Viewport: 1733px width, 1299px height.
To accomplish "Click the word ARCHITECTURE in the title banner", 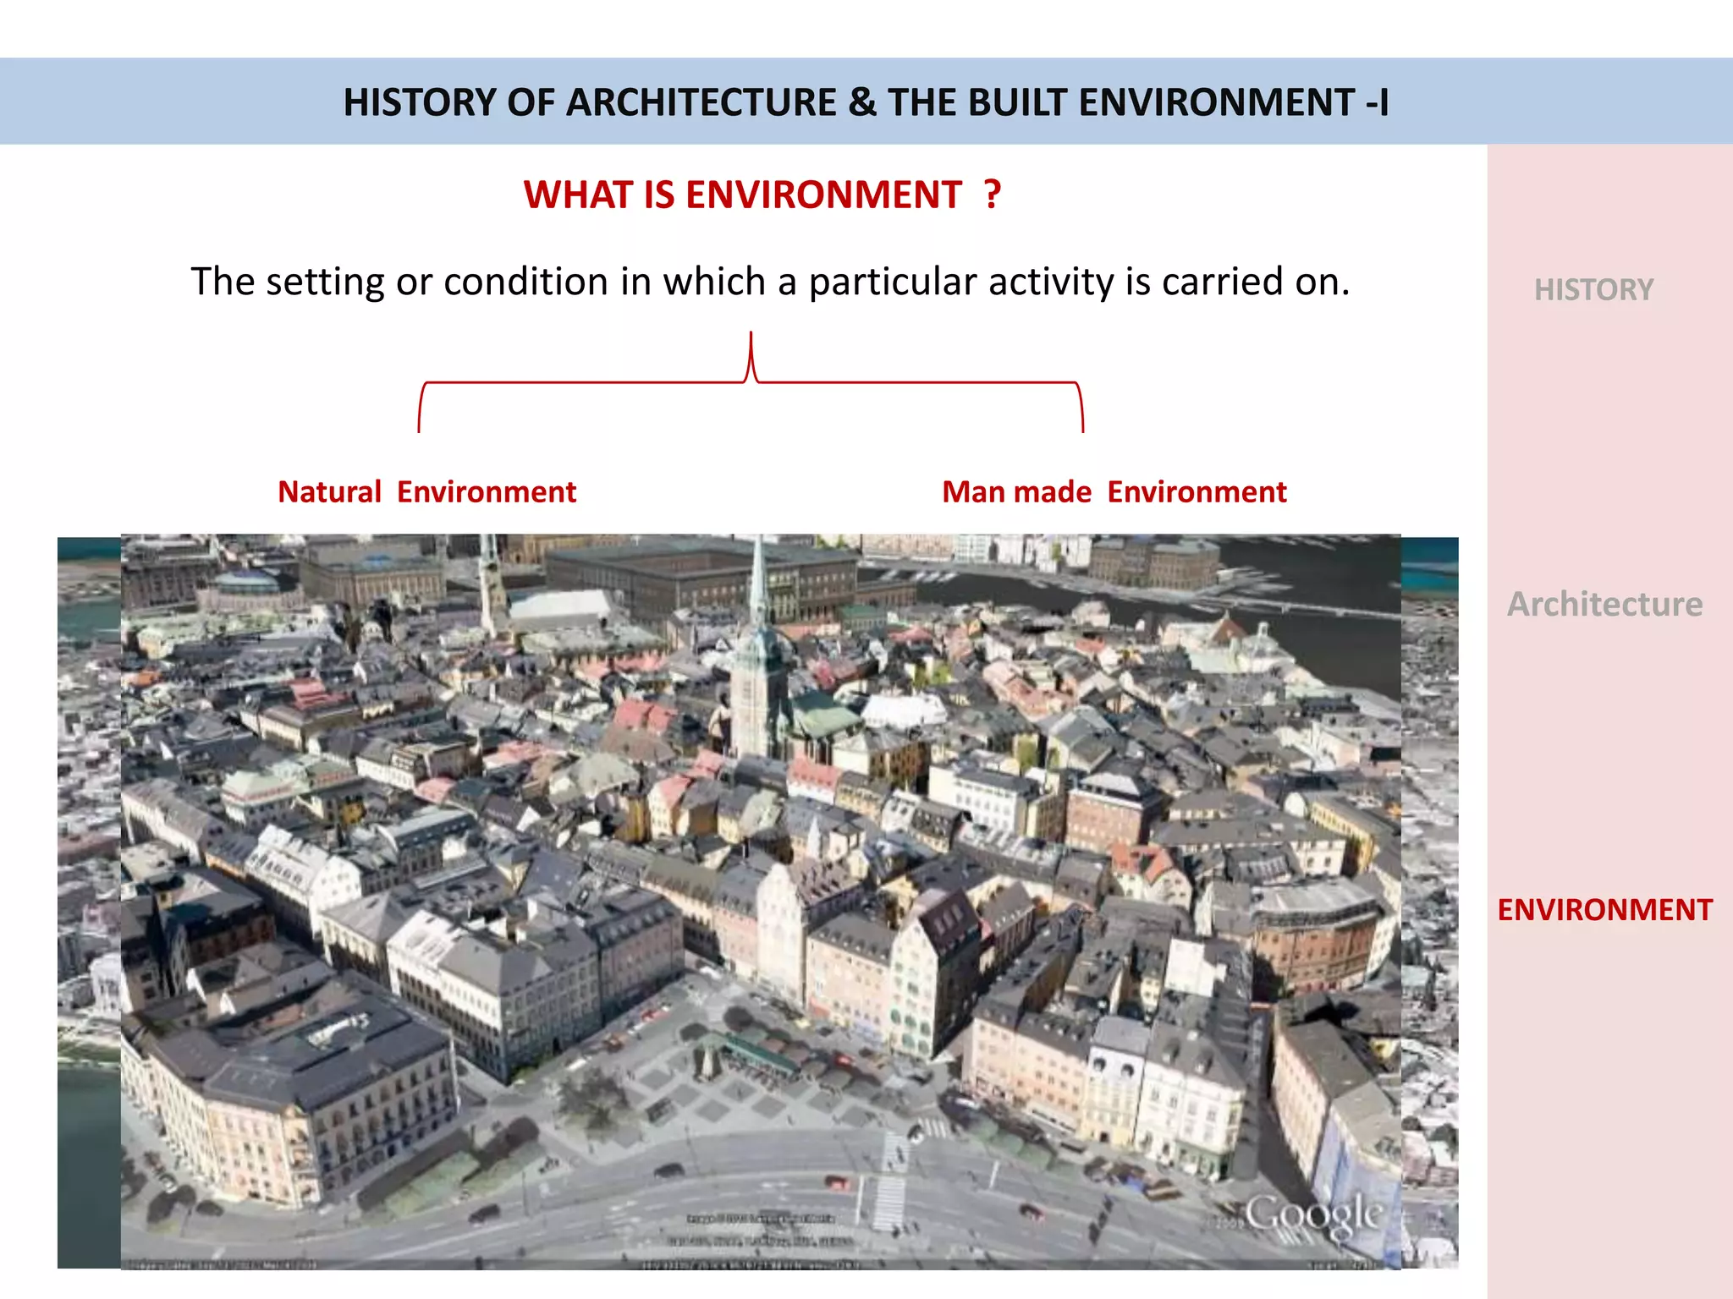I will coord(701,102).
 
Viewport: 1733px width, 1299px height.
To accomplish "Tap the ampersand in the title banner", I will coord(861,102).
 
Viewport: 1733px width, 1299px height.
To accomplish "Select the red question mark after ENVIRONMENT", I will coord(993,194).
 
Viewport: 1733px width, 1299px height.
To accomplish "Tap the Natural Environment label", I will coord(426,491).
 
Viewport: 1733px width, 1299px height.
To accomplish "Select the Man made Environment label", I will coord(1114,491).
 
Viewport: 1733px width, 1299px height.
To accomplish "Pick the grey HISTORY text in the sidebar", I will coord(1593,290).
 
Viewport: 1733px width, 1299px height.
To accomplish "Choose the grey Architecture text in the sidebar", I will coord(1604,604).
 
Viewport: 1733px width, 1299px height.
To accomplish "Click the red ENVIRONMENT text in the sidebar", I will coord(1604,910).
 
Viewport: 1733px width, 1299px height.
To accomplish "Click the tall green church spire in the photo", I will coord(759,592).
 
